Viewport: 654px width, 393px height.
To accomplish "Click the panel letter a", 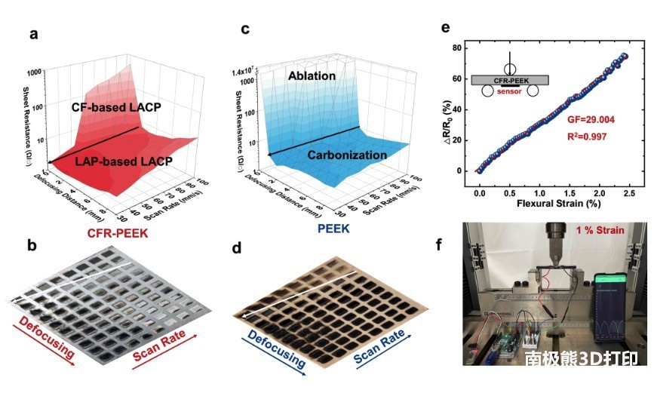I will [x=32, y=34].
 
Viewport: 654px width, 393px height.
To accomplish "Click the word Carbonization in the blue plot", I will [x=347, y=155].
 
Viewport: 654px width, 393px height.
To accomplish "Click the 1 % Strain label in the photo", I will [x=599, y=230].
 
